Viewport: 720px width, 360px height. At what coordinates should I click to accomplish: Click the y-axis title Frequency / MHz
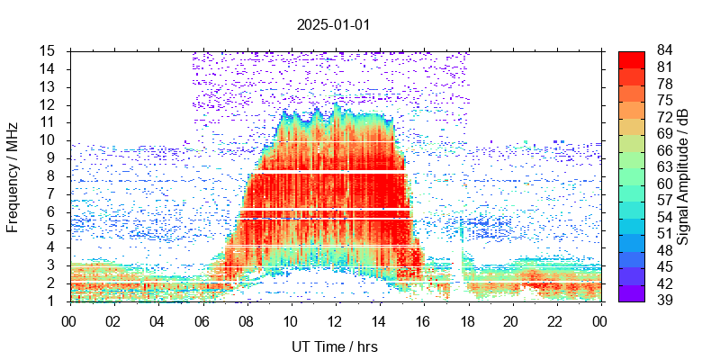click(13, 175)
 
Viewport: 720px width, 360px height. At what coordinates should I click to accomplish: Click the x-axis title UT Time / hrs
click(334, 346)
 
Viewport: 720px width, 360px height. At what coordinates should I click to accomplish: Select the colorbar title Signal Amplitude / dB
click(683, 176)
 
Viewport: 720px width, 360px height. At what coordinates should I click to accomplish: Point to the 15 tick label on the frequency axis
click(49, 50)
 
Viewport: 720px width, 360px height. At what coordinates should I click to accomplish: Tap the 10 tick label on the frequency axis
click(49, 139)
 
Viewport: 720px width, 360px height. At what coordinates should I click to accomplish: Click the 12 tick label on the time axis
click(335, 320)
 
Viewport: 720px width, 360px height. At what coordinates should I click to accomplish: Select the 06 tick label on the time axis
click(202, 320)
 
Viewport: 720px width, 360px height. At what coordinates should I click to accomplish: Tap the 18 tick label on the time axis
click(467, 320)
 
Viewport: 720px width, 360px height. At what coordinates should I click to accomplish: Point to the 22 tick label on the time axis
click(556, 320)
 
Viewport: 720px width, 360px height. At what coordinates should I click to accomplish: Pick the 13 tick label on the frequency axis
click(49, 86)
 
